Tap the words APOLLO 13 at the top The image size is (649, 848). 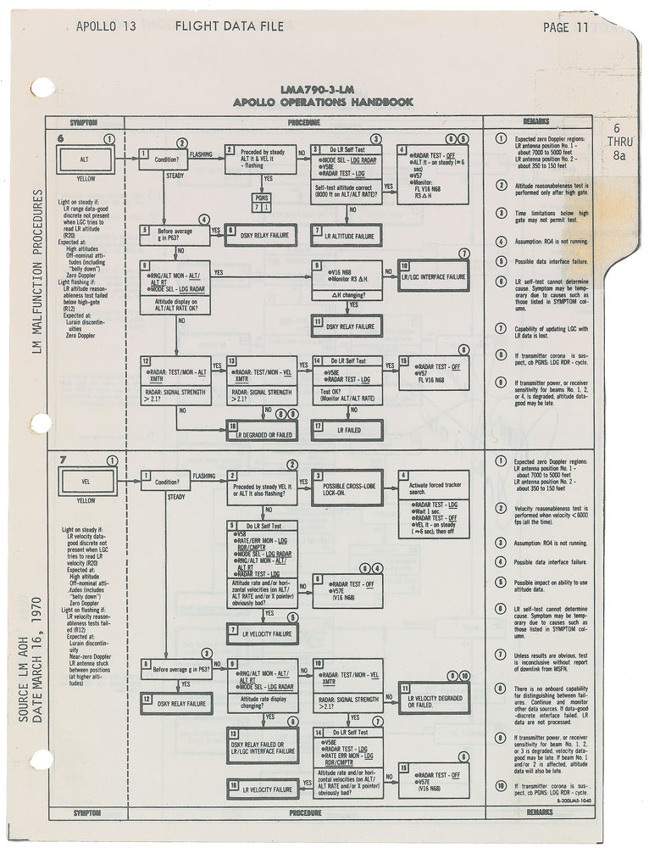pos(106,26)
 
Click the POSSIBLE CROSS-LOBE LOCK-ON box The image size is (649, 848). pos(347,488)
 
